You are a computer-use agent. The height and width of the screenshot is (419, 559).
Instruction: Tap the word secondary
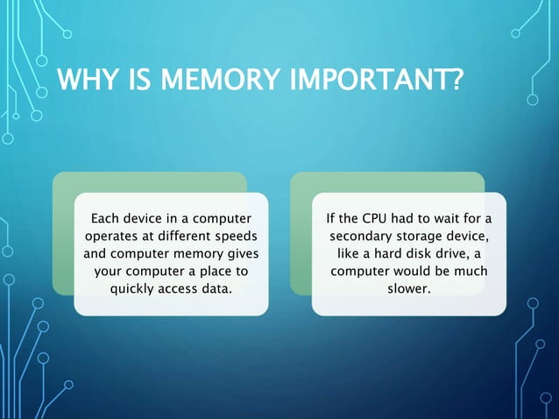[x=361, y=237]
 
